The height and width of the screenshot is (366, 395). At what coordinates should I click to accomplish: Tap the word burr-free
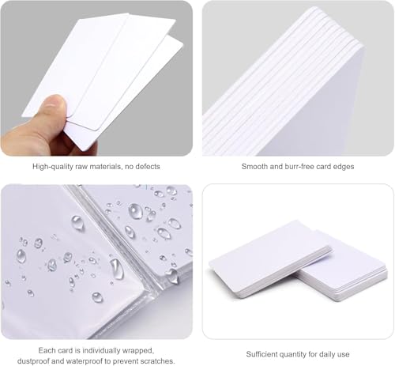[302, 167]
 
